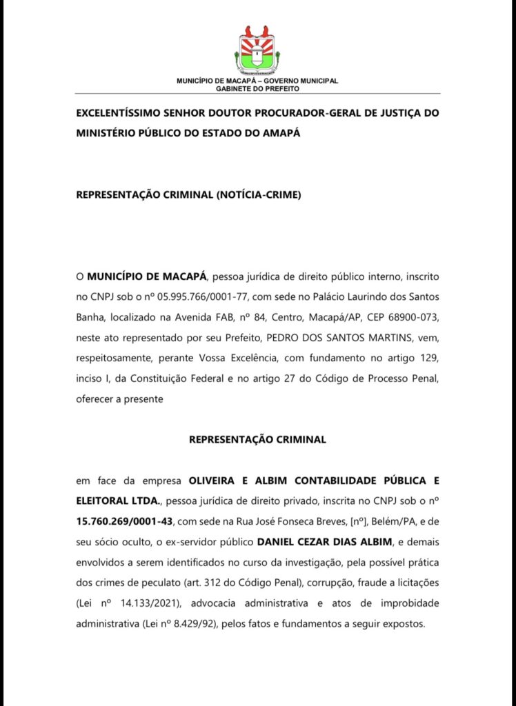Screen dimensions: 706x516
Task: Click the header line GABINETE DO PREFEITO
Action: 257,89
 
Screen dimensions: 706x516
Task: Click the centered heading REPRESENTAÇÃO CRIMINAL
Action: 257,438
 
